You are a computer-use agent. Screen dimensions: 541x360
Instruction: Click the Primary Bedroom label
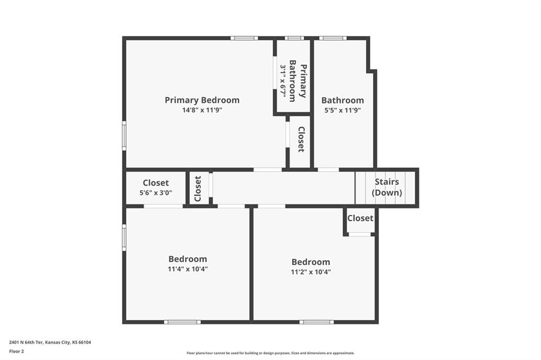[x=202, y=100]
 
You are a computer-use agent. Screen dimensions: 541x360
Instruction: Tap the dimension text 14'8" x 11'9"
[x=202, y=110]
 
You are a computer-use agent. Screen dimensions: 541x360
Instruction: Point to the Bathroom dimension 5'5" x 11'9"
[x=342, y=110]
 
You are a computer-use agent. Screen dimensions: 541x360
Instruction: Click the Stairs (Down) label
[x=387, y=187]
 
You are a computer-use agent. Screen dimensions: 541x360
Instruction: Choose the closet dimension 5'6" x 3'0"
[x=156, y=193]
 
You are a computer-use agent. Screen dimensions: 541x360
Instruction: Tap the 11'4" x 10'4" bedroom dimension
[x=188, y=269]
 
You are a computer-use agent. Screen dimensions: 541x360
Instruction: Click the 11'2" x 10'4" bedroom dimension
[x=311, y=272]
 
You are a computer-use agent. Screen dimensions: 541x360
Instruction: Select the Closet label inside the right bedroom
[x=360, y=218]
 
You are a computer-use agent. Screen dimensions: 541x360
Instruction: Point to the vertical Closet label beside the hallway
[x=198, y=188]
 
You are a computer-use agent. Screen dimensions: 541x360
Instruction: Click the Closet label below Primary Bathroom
[x=301, y=139]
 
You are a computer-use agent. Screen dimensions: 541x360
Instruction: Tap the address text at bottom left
[x=50, y=343]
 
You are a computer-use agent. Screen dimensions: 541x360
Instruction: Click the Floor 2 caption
[x=16, y=352]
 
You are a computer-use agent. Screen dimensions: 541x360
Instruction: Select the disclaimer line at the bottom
[x=270, y=353]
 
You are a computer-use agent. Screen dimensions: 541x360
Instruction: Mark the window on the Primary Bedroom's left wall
[x=124, y=136]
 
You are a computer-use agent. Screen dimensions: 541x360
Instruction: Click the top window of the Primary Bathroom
[x=294, y=38]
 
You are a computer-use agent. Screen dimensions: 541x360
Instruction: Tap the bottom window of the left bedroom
[x=182, y=322]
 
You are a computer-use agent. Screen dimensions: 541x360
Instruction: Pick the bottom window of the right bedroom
[x=316, y=322]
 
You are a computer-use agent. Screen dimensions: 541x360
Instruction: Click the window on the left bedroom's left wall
[x=124, y=238]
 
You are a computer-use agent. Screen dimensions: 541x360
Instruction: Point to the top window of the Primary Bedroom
[x=244, y=38]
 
